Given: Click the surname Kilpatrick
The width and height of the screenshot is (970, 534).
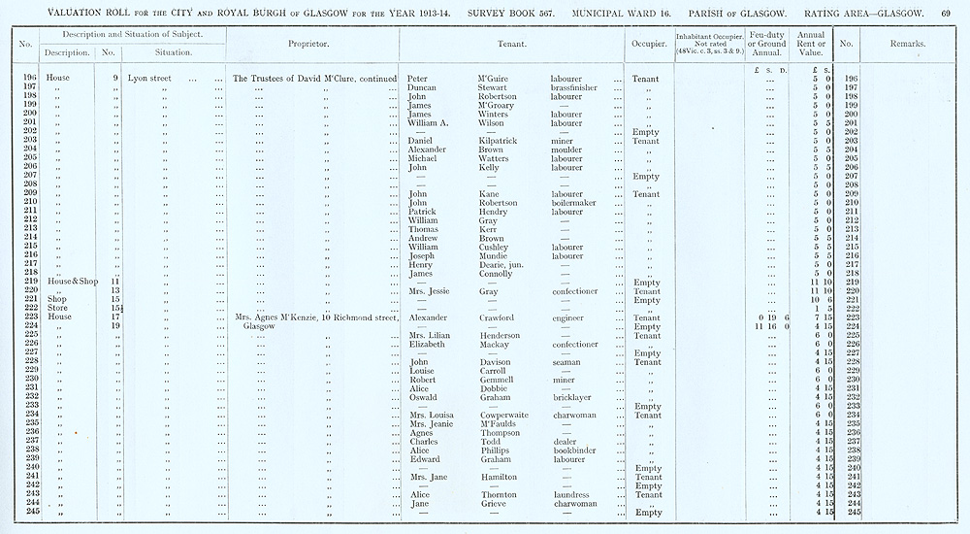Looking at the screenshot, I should point(502,141).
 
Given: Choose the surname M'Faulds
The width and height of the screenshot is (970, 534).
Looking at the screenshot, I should point(499,423).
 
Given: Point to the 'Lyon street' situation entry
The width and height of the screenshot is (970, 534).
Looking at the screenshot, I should point(147,78).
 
